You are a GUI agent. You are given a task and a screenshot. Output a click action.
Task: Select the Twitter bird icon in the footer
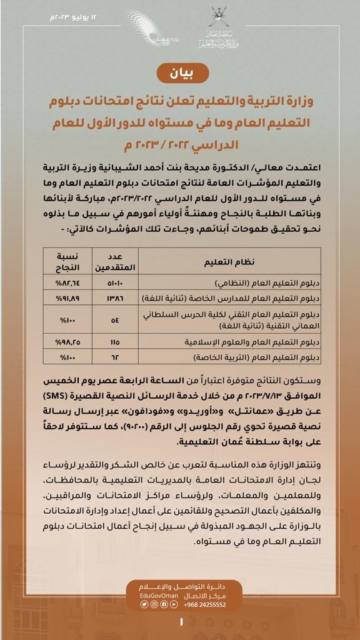(144, 604)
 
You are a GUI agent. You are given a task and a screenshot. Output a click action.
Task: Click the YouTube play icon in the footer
(163, 604)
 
